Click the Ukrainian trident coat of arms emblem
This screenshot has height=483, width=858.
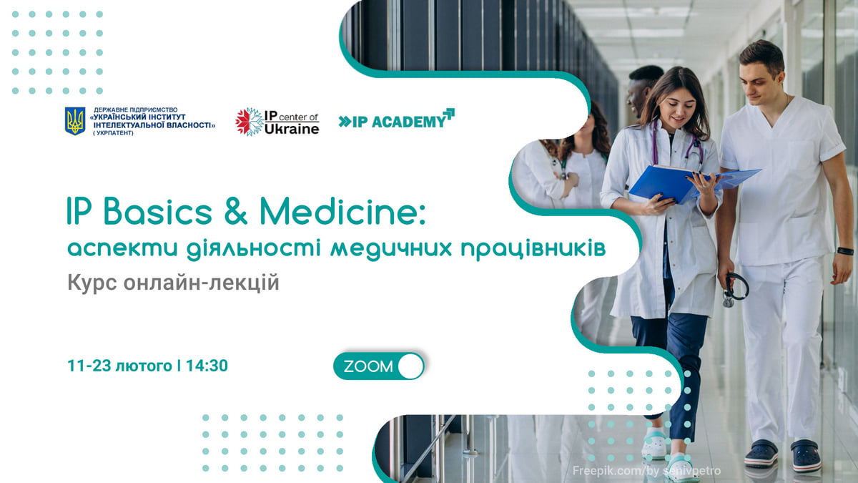coord(74,121)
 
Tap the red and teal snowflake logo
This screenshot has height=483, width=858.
coord(250,122)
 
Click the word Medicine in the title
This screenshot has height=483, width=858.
coord(342,211)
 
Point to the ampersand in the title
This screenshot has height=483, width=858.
coord(235,211)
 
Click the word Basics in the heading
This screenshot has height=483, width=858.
coord(157,211)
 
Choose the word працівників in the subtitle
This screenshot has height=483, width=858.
coord(533,249)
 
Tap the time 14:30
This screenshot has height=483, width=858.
coord(207,366)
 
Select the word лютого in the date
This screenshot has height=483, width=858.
coord(144,366)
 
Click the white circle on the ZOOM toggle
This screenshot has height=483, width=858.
coord(410,366)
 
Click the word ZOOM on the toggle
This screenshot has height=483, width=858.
coord(368,366)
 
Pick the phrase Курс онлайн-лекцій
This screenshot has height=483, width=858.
coord(173,283)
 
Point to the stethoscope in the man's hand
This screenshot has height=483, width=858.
coord(735,289)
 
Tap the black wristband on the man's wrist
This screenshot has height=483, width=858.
coord(845,251)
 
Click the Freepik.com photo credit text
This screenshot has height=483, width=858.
coord(646,470)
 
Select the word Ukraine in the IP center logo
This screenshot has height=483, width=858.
coord(292,129)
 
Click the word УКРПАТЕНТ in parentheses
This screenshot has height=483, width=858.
coord(114,133)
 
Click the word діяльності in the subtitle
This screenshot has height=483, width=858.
coord(254,249)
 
